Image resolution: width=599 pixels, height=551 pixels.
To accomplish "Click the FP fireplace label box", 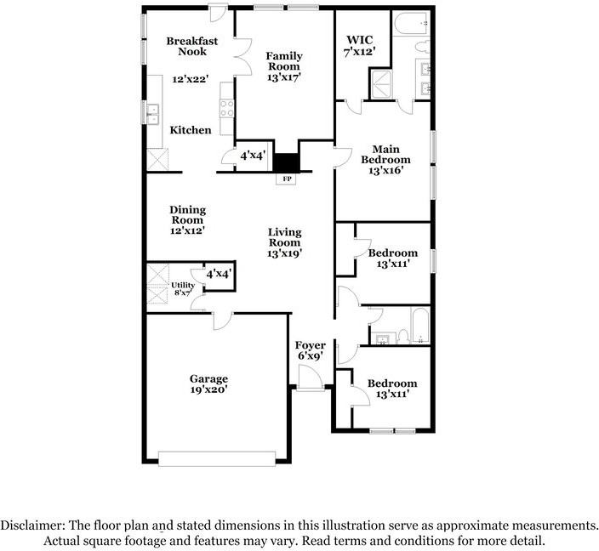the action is coord(287,179).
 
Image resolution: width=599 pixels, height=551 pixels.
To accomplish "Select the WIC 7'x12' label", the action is coord(359,45).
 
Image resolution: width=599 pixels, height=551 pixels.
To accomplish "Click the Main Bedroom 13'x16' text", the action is coord(385,160).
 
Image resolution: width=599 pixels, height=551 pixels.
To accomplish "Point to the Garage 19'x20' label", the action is coord(209,384).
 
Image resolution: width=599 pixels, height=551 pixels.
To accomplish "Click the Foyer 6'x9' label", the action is coord(311,350).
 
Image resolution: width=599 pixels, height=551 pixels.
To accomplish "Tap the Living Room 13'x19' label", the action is coord(284,242).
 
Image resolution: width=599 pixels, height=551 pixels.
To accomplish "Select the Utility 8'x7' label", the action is coord(183,289).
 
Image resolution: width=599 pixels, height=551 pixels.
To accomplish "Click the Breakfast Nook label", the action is coord(192,46).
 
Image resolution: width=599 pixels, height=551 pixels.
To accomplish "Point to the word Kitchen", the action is coord(191,130).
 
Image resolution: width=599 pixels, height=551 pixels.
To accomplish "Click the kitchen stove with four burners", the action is coord(227,108).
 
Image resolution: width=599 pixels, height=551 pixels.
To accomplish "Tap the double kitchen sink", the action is coord(153,114).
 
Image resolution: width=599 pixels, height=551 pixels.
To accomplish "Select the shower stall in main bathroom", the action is coord(381,83).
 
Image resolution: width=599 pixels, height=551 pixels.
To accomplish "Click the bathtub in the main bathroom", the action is coord(411,24).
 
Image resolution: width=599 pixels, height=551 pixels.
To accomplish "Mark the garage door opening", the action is coord(217,458).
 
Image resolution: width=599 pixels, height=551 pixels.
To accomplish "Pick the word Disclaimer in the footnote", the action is coord(33,525).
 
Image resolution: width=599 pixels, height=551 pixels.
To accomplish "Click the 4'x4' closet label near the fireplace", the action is coord(253,156).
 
